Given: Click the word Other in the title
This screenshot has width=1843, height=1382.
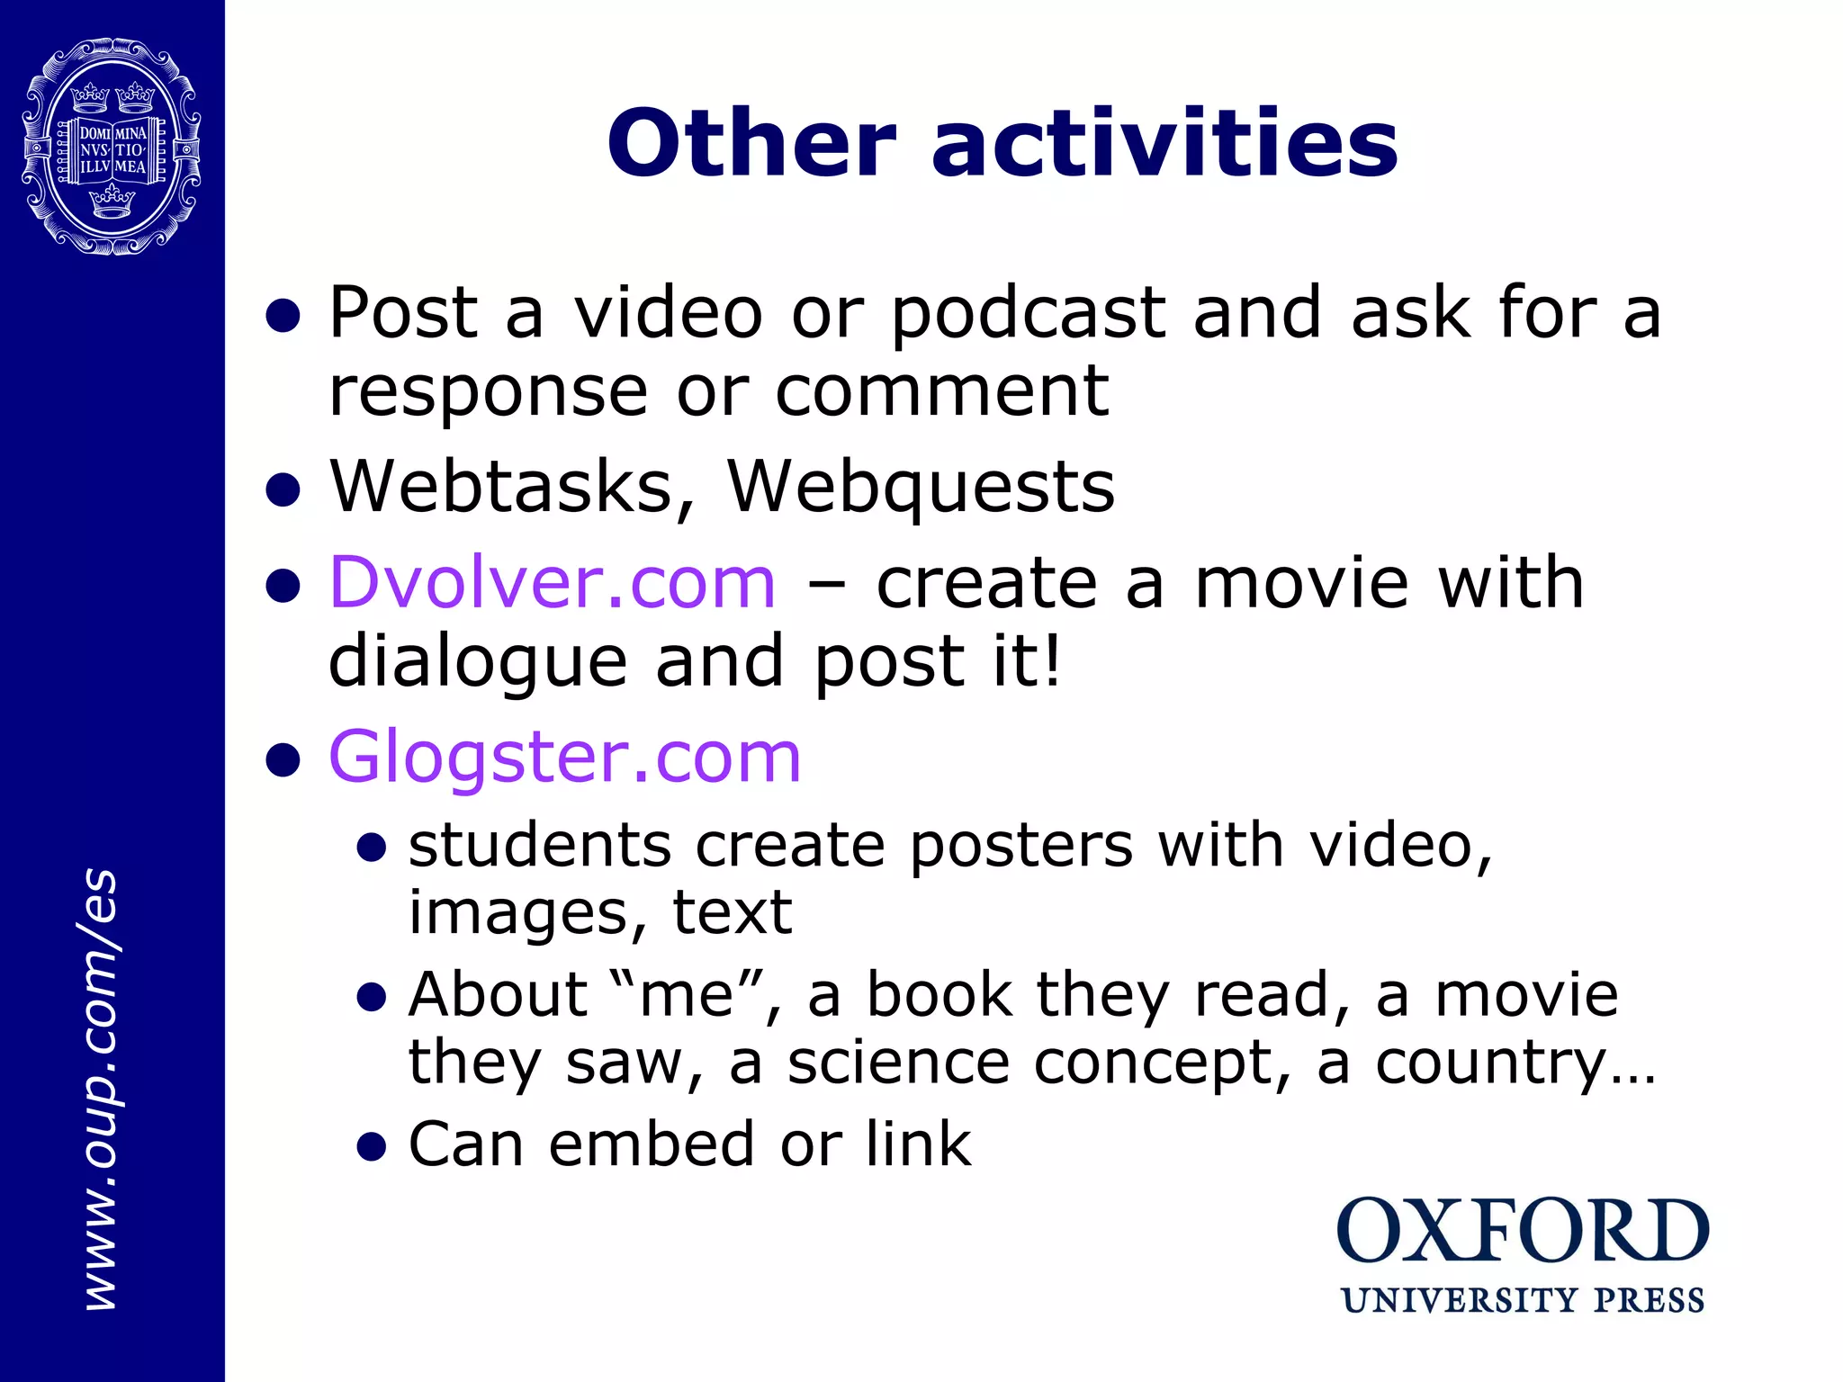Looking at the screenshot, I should tap(752, 144).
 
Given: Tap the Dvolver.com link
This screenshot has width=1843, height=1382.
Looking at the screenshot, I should tap(552, 583).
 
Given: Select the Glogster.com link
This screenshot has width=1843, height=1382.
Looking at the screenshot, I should tap(564, 758).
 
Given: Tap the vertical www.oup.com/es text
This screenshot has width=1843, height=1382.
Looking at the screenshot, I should tap(100, 1089).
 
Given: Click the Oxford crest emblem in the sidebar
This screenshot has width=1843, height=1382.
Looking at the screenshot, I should tap(111, 147).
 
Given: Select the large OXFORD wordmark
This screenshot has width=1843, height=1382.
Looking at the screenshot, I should tap(1522, 1233).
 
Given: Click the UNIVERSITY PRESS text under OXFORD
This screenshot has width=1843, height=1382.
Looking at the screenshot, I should tap(1523, 1301).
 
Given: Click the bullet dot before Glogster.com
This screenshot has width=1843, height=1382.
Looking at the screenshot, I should tap(283, 760).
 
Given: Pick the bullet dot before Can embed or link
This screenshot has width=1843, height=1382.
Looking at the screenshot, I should tap(371, 1147).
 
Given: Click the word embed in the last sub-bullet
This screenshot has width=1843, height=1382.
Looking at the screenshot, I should tap(652, 1144).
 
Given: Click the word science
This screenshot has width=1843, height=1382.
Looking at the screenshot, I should tap(898, 1063).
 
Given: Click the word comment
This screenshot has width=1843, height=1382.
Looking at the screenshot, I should tap(941, 393).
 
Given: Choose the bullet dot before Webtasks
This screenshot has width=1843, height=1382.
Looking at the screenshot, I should tap(283, 490).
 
